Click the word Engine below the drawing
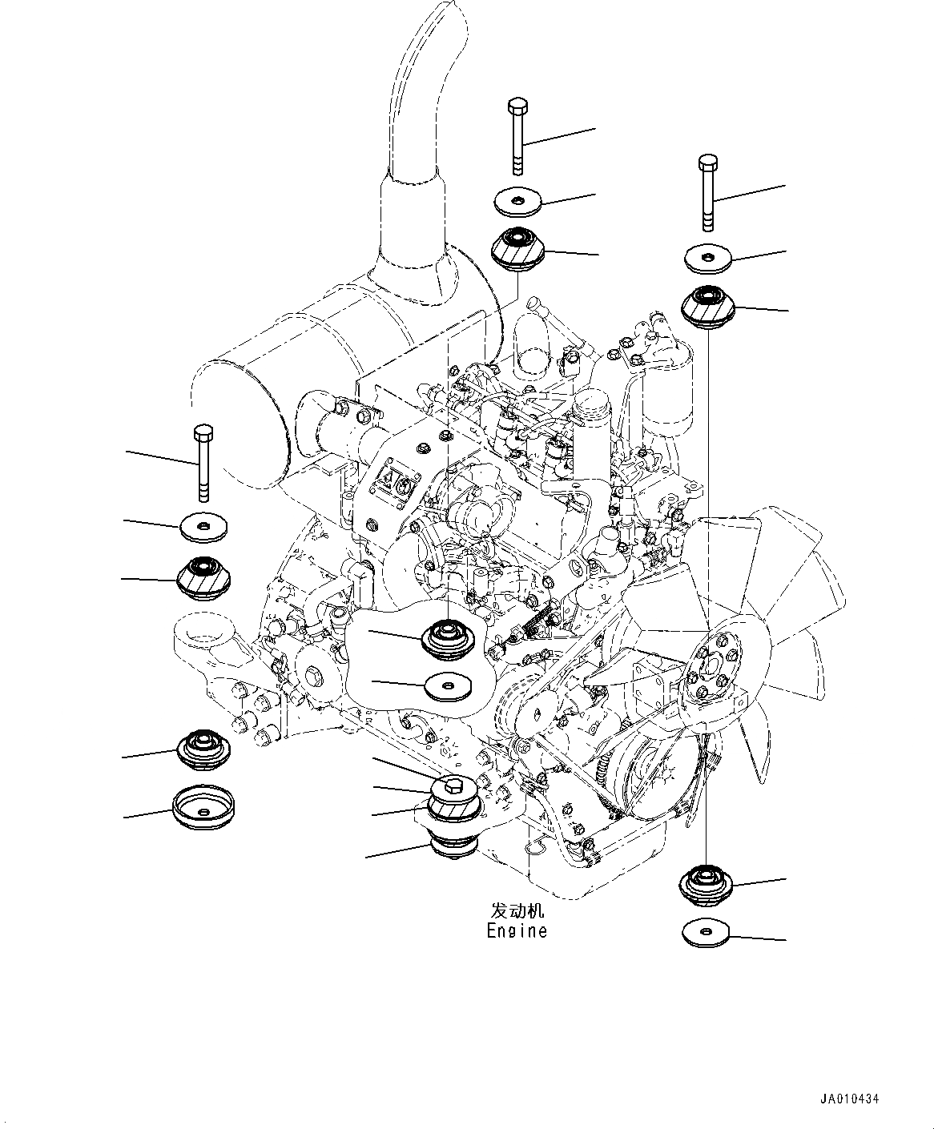(x=517, y=930)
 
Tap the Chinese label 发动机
(x=517, y=911)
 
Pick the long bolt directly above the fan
(x=707, y=192)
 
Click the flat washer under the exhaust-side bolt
(x=517, y=201)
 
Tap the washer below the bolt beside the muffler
(x=203, y=526)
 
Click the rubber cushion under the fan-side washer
(x=707, y=306)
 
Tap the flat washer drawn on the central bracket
(x=449, y=686)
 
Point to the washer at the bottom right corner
(x=708, y=933)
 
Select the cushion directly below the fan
(x=705, y=883)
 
